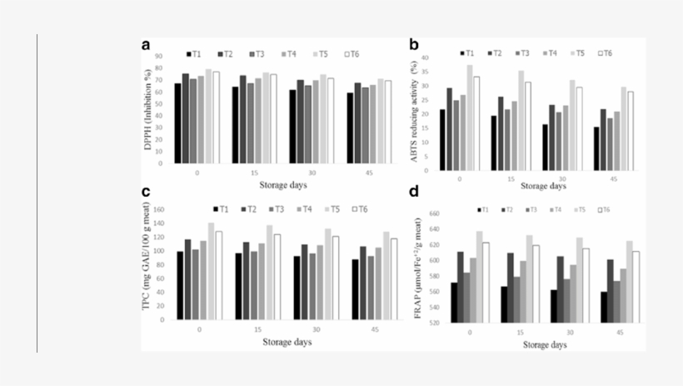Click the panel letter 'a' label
[146, 45]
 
